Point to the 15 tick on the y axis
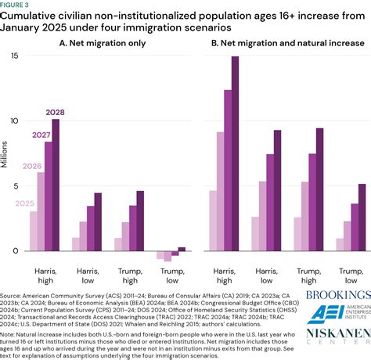[x=14, y=56]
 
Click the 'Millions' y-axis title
[x=5, y=153]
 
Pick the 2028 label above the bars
[x=55, y=112]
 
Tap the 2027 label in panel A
[x=41, y=135]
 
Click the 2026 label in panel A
[x=31, y=166]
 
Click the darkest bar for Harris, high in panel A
[x=55, y=185]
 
